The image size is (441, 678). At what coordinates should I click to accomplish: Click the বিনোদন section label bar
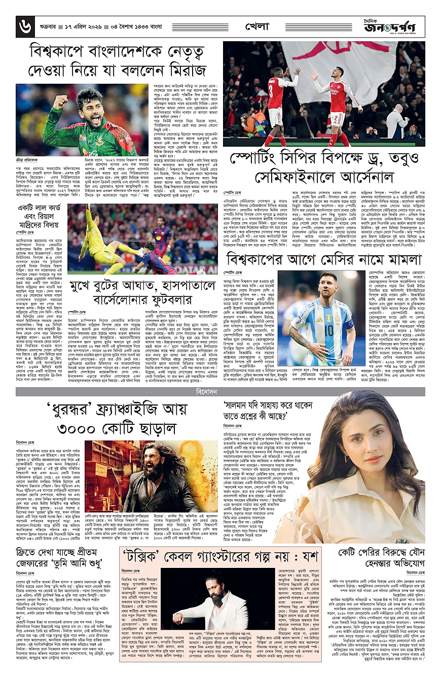tap(221, 378)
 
